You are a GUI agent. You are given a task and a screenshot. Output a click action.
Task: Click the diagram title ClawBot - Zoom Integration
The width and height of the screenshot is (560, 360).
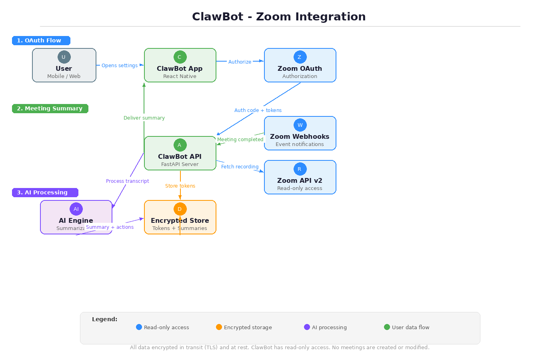[x=279, y=17]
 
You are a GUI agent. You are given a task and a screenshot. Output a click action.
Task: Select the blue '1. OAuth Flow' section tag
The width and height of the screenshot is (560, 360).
[x=41, y=40]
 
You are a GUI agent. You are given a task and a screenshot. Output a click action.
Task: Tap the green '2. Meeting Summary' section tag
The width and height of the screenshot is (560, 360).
[x=50, y=108]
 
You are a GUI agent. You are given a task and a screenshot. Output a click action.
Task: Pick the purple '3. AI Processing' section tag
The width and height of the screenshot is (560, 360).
[x=45, y=192]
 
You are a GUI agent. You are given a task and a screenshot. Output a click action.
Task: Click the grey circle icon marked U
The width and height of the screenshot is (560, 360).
[x=64, y=57]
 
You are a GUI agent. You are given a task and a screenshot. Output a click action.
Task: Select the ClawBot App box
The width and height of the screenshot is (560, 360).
[x=180, y=70]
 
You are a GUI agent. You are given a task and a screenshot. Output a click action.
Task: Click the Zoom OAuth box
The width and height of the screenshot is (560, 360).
[x=300, y=70]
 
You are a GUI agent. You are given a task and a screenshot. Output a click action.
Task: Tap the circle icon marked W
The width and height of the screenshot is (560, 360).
[x=300, y=125]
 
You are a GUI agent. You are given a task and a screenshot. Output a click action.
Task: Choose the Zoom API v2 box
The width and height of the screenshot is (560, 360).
[x=300, y=182]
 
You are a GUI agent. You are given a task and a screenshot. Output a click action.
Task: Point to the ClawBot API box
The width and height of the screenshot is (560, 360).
[x=180, y=158]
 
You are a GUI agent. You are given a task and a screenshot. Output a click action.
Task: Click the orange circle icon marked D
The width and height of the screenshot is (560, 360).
[x=180, y=209]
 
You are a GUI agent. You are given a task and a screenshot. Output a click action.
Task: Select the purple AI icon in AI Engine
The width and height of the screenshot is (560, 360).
[x=76, y=209]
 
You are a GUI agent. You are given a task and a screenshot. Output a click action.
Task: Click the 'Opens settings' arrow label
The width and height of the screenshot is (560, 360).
[x=120, y=66]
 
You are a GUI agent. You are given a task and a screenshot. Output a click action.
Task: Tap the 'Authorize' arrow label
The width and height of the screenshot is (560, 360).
[x=240, y=62]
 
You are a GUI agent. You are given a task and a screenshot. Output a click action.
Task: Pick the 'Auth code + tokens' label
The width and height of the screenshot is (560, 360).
[x=258, y=110]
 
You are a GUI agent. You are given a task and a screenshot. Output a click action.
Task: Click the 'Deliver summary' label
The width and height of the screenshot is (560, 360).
[x=144, y=118]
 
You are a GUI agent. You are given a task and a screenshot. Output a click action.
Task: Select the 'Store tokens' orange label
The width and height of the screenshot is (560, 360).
[x=180, y=186]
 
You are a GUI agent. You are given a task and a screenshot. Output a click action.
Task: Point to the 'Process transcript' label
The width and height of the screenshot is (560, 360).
[x=127, y=181]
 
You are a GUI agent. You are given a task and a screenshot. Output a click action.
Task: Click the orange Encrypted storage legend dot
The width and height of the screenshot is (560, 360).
[x=219, y=327]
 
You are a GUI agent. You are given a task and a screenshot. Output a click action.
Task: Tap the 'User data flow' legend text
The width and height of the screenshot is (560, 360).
[x=410, y=327]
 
